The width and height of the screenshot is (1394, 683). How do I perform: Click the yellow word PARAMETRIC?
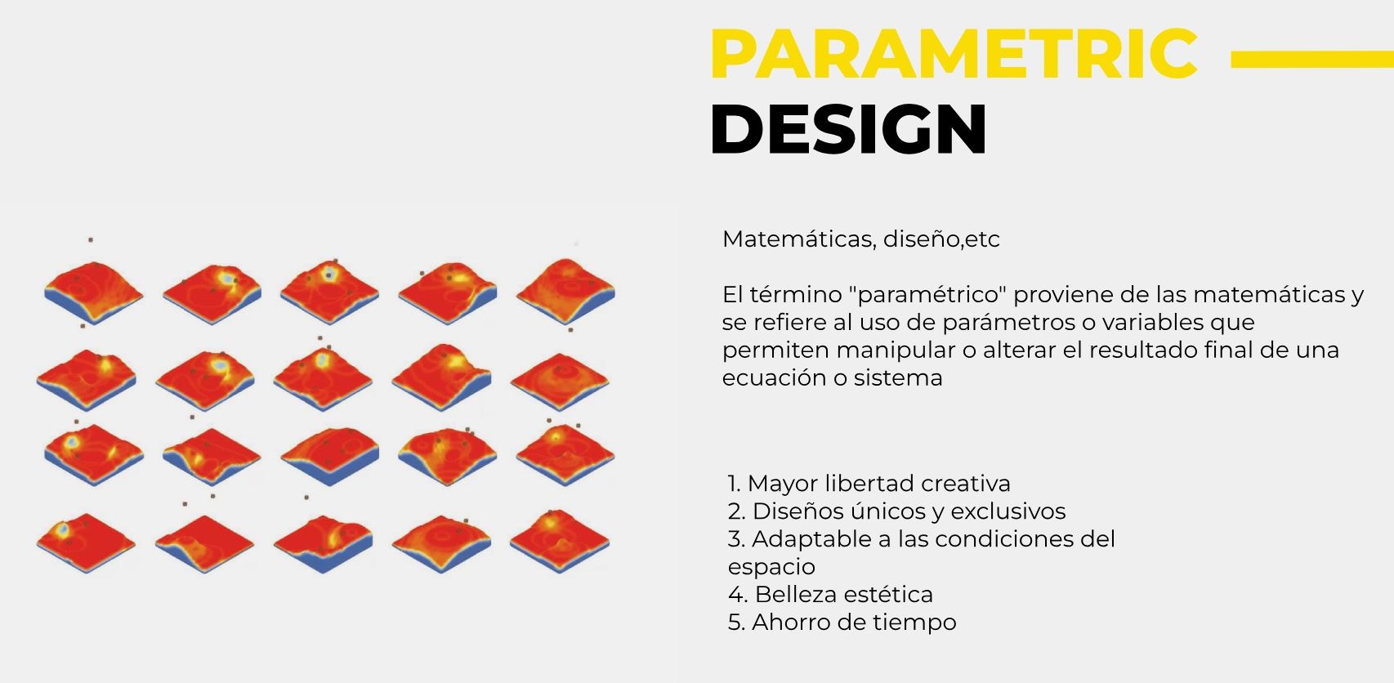(954, 53)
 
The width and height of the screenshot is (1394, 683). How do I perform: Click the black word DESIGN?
(848, 129)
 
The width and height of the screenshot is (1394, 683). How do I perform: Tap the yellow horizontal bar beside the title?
(1311, 59)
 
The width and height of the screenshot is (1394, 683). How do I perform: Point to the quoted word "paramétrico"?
(932, 294)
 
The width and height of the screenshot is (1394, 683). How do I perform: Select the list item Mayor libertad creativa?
(869, 484)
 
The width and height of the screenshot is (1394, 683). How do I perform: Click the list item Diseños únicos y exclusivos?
(896, 511)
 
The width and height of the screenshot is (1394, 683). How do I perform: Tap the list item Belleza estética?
(830, 595)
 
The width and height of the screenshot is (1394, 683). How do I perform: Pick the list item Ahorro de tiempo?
(842, 622)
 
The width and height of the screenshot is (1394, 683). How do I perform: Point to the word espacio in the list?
(771, 567)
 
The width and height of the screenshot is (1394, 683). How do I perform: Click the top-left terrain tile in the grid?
(94, 292)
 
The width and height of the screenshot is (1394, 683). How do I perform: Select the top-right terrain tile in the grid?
(565, 291)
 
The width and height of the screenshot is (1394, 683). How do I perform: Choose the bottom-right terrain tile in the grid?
(560, 541)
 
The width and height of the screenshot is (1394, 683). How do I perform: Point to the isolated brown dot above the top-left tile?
(90, 239)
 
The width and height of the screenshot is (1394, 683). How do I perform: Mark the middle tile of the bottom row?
(323, 543)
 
